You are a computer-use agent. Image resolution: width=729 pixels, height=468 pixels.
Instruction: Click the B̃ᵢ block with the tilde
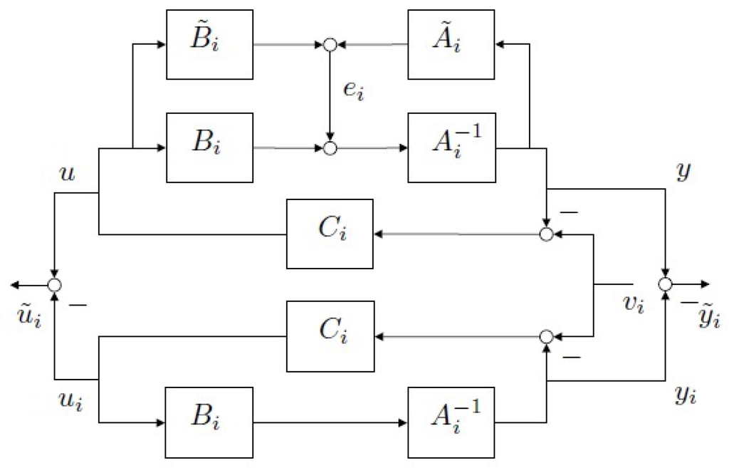tap(209, 44)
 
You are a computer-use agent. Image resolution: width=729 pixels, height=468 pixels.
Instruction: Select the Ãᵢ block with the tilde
tap(451, 44)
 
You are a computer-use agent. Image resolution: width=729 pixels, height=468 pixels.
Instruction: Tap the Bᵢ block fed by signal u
tap(209, 147)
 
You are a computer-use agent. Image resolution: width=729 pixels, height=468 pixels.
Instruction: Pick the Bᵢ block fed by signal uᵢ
tap(209, 422)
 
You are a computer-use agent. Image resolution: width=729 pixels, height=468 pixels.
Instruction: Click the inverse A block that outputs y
tap(451, 147)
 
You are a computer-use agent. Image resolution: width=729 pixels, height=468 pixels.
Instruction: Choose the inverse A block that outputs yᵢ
tap(451, 422)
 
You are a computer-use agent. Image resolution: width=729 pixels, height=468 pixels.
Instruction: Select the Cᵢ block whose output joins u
tap(330, 234)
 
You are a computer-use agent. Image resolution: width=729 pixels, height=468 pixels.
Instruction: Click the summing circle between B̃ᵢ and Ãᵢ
tap(330, 45)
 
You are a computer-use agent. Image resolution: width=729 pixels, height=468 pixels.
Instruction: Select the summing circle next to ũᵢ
tap(54, 285)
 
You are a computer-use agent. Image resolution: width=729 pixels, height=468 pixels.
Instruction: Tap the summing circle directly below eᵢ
tap(330, 148)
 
